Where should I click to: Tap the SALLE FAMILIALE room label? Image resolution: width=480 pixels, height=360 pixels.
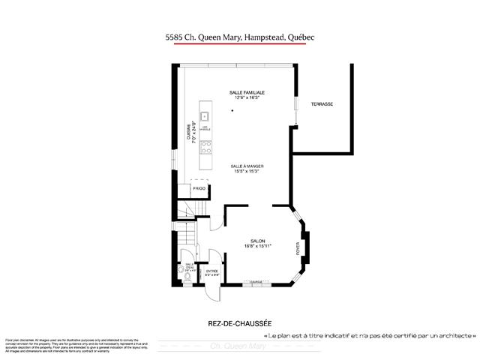[247, 92]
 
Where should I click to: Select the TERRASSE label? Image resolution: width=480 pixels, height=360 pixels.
[322, 103]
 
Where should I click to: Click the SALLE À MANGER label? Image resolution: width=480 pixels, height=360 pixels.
[247, 166]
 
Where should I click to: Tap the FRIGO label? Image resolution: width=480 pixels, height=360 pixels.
[199, 188]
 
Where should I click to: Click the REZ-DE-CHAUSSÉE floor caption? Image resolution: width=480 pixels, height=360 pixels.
[240, 323]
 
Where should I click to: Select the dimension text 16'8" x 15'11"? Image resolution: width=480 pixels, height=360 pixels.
[257, 245]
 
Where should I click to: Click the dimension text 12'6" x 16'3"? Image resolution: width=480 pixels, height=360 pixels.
[247, 97]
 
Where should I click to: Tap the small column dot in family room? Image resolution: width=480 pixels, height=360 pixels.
[233, 111]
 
